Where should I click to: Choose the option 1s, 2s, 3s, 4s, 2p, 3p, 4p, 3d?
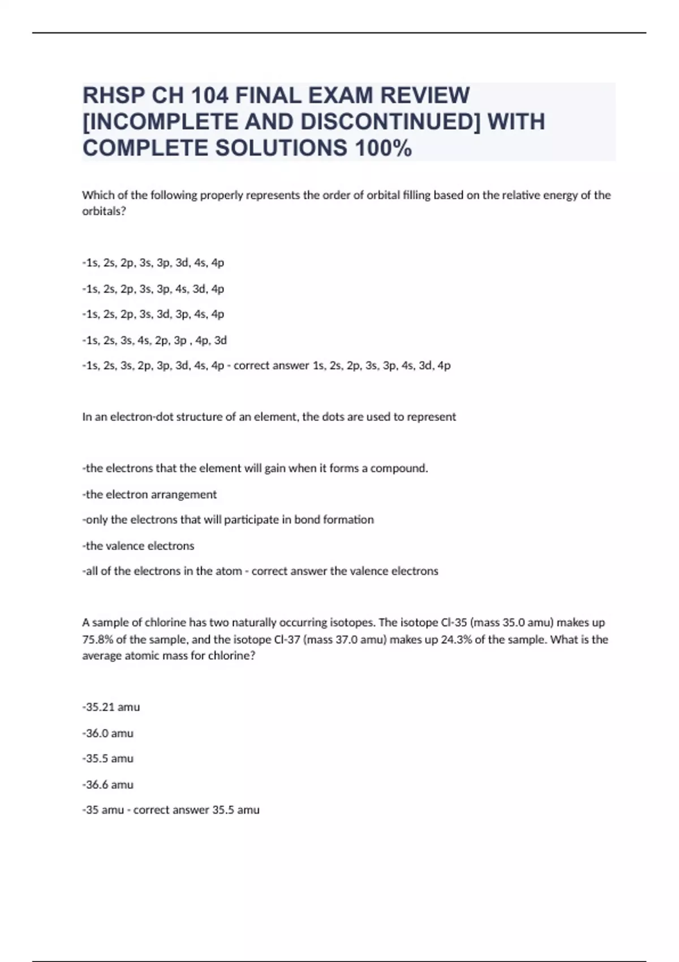154,340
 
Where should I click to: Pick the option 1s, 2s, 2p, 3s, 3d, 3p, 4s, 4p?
153,314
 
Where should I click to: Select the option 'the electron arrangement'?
150,495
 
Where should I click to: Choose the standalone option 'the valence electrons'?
139,546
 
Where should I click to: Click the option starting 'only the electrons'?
228,520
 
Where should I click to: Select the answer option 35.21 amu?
111,707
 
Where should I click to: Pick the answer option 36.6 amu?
108,785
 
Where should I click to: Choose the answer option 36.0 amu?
108,733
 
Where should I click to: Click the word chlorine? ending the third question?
232,656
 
